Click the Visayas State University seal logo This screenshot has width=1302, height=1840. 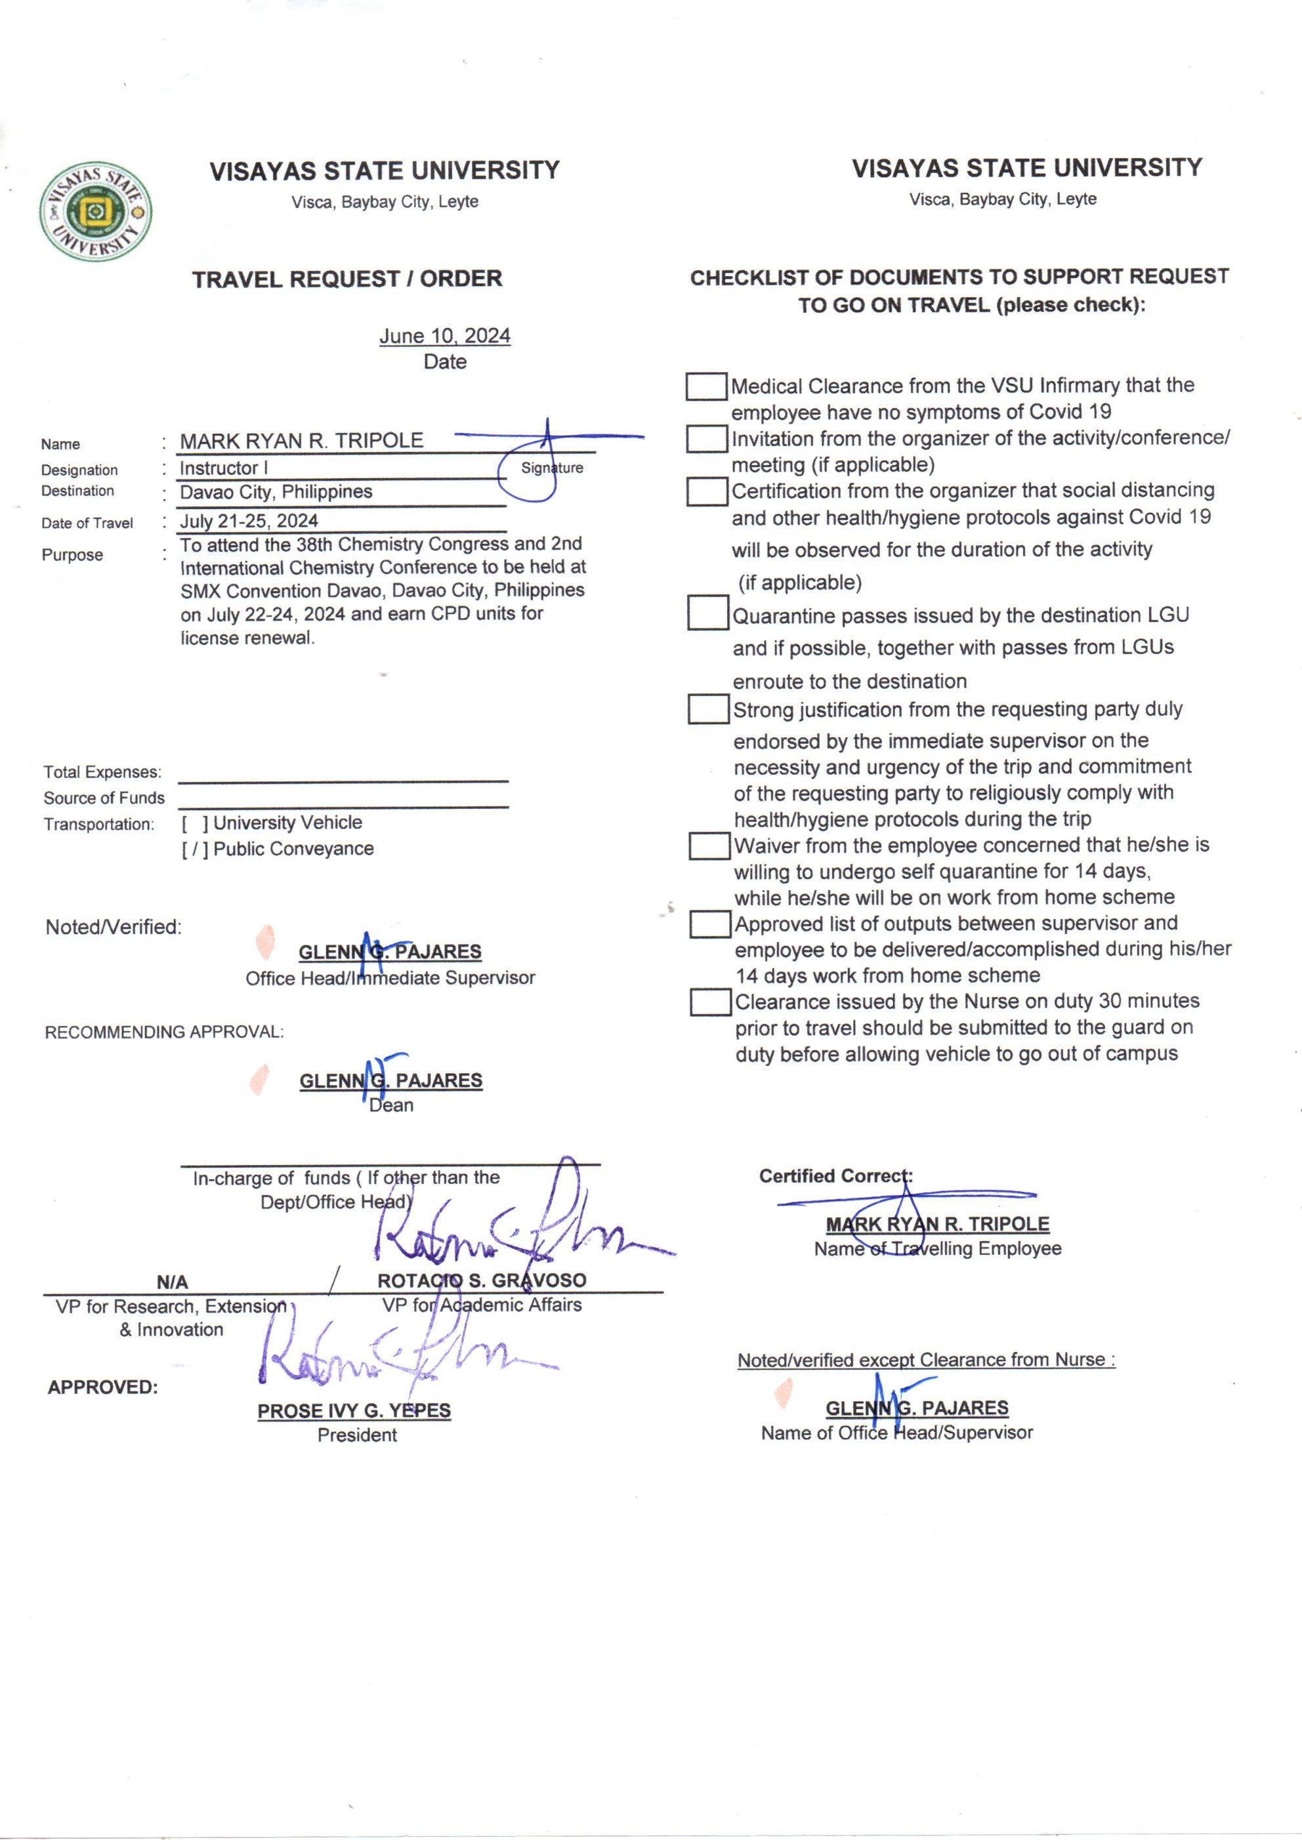click(x=95, y=212)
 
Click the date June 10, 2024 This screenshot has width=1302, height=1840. click(x=444, y=336)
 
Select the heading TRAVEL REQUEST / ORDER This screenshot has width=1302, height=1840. click(x=346, y=279)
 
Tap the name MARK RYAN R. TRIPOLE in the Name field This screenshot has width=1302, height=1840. click(x=301, y=441)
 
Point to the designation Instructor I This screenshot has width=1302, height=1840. click(x=224, y=468)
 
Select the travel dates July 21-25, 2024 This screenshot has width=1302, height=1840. click(x=249, y=521)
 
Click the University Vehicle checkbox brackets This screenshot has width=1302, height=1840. click(x=195, y=823)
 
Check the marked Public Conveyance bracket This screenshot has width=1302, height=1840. click(x=195, y=849)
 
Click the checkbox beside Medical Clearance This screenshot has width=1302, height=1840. click(x=706, y=386)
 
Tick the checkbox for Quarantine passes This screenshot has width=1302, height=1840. click(x=708, y=614)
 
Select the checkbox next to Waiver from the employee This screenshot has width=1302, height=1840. click(x=709, y=846)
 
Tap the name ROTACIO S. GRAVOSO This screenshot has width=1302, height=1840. click(x=482, y=1280)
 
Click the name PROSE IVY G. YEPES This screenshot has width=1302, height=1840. click(x=354, y=1410)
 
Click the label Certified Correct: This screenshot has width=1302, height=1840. click(x=835, y=1176)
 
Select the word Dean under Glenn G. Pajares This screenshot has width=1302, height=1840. click(x=391, y=1105)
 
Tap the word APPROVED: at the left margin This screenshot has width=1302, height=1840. click(x=102, y=1387)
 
